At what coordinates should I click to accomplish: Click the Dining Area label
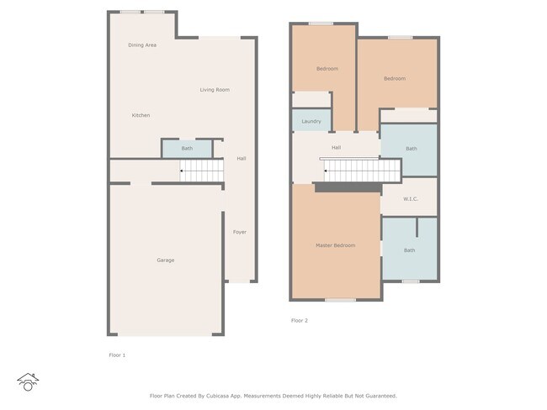[x=142, y=45]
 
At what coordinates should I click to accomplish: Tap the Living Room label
[x=215, y=90]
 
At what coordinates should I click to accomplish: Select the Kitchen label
[x=141, y=115]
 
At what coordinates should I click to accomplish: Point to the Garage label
[x=165, y=260]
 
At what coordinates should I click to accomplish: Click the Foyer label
[x=240, y=232]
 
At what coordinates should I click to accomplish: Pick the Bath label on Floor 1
[x=187, y=149]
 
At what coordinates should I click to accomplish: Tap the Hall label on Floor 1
[x=242, y=158]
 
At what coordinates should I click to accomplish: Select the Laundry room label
[x=311, y=122]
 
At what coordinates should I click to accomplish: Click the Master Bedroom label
[x=335, y=245]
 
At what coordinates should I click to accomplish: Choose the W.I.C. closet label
[x=410, y=199]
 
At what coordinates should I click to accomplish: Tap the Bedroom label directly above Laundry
[x=327, y=68]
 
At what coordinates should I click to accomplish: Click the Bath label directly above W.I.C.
[x=411, y=149]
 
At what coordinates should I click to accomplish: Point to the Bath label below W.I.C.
[x=409, y=250]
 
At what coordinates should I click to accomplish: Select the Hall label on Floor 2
[x=336, y=148]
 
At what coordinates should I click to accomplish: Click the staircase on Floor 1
[x=203, y=172]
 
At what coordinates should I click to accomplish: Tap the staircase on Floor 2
[x=362, y=171]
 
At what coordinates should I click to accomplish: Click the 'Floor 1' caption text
[x=117, y=355]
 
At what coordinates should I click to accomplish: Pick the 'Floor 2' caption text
[x=299, y=320]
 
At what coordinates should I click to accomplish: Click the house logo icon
[x=29, y=382]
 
